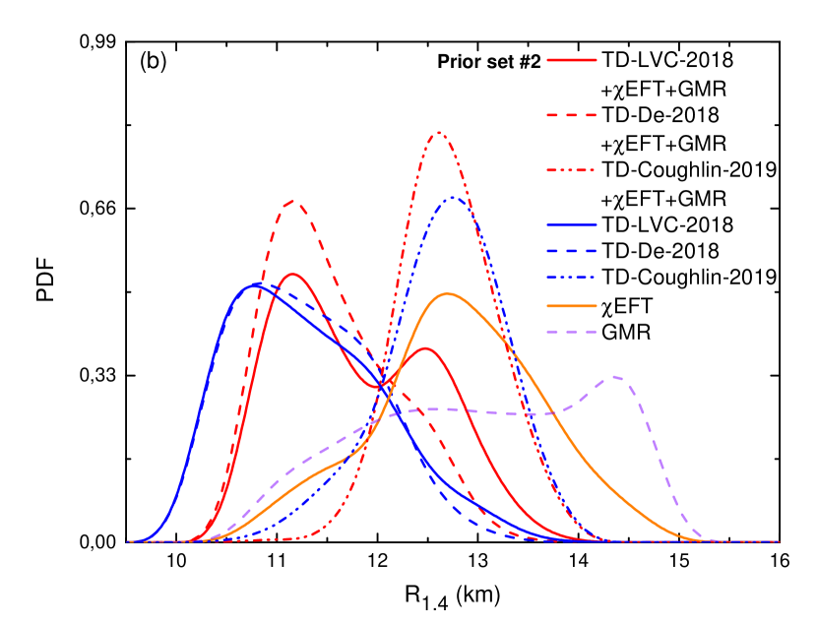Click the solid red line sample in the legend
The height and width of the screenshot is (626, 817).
coord(572,60)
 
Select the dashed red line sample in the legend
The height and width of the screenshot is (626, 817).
coord(572,115)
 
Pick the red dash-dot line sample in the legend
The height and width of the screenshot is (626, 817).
coord(572,170)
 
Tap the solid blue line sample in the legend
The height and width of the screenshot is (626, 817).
coord(572,225)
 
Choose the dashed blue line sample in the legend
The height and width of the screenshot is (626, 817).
coord(572,251)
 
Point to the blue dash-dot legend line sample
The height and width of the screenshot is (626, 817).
coord(572,278)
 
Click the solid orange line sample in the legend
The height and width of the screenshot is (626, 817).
coord(572,305)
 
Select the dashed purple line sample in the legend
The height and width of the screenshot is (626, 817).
coord(572,332)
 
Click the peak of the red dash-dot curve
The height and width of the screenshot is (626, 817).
coord(439,132)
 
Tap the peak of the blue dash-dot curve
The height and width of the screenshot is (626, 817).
coord(454,198)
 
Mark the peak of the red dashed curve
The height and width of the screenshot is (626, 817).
coord(293,202)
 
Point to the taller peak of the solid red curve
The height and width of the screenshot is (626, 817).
coord(293,274)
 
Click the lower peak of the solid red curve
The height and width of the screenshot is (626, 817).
coord(425,347)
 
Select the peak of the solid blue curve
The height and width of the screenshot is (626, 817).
coord(256,283)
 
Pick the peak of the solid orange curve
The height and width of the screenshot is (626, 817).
coord(448,293)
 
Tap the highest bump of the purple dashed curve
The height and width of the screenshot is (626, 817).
coord(616,376)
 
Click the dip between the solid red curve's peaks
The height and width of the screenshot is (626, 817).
coord(380,387)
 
